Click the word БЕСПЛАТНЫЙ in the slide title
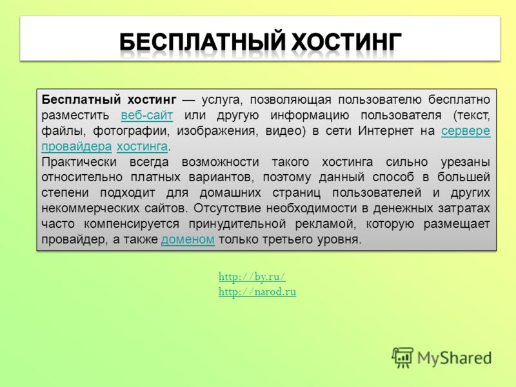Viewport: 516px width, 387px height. pyautogui.click(x=202, y=42)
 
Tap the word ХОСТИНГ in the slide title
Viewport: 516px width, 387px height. pyautogui.click(x=346, y=42)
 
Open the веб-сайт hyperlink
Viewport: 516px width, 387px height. pyautogui.click(x=147, y=115)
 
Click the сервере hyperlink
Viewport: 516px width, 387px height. pyautogui.click(x=466, y=131)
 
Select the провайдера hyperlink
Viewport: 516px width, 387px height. pyautogui.click(x=76, y=146)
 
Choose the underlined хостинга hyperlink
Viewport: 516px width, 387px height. pyautogui.click(x=142, y=146)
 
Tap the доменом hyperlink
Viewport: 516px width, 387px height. pyautogui.click(x=188, y=239)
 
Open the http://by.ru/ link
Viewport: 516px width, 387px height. pyautogui.click(x=252, y=277)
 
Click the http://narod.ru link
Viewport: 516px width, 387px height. pyautogui.click(x=257, y=292)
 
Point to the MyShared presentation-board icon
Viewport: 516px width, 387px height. pyautogui.click(x=402, y=358)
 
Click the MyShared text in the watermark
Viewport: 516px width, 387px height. pyautogui.click(x=455, y=358)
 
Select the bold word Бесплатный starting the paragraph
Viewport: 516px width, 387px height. pyautogui.click(x=81, y=99)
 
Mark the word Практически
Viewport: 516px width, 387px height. pyautogui.click(x=79, y=162)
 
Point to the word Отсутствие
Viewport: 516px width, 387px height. pyautogui.click(x=227, y=208)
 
